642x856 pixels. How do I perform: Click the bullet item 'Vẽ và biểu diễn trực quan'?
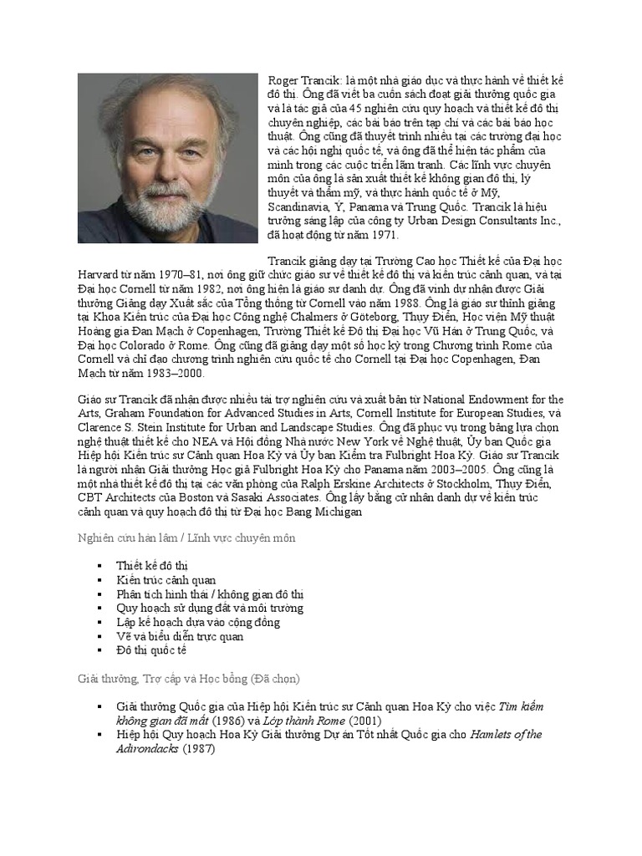[181, 635]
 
